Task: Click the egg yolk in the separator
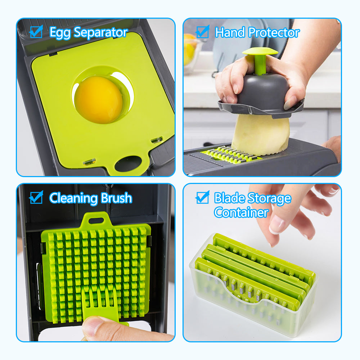(x=99, y=100)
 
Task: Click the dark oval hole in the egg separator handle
(x=128, y=164)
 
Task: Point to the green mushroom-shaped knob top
(x=260, y=51)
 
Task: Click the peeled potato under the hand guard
(x=261, y=135)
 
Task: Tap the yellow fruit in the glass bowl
(x=189, y=49)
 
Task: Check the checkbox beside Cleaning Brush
(x=36, y=197)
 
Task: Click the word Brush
(x=116, y=198)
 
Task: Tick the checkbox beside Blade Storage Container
(x=202, y=197)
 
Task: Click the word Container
(x=241, y=212)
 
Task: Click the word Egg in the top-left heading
(x=60, y=33)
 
